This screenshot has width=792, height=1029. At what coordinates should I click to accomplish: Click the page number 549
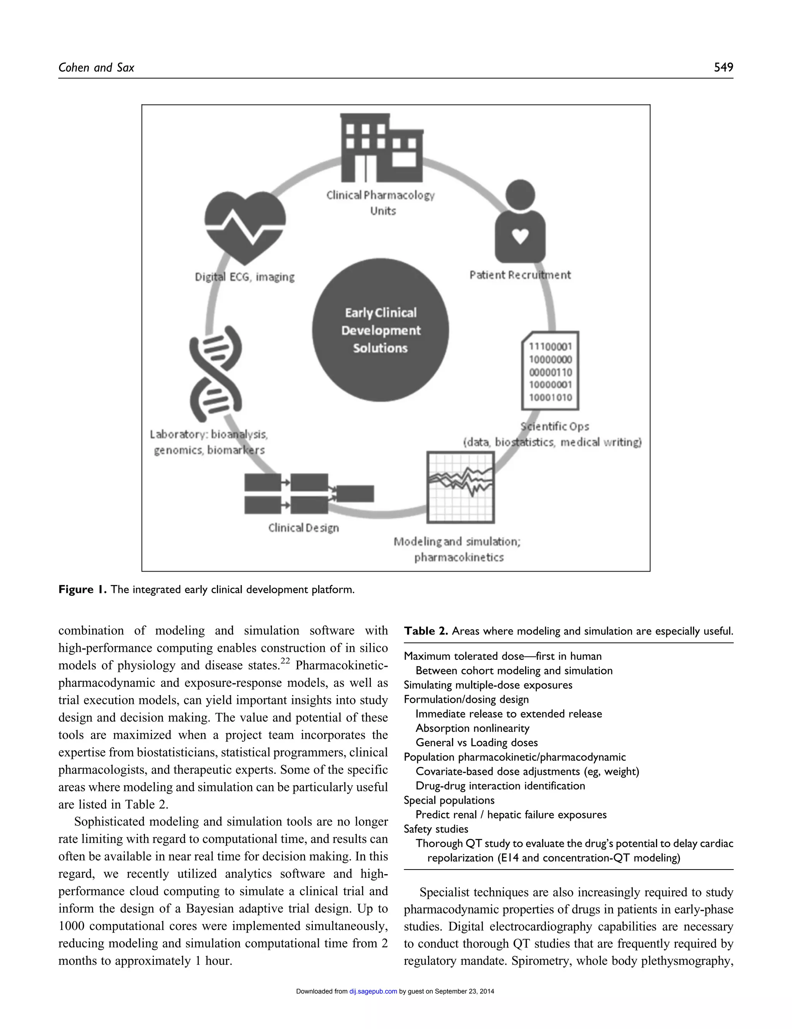click(x=723, y=67)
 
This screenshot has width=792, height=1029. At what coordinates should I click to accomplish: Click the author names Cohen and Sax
click(x=96, y=68)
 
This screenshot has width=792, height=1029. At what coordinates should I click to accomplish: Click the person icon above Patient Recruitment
click(x=520, y=221)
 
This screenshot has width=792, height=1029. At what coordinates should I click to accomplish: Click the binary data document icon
click(x=550, y=371)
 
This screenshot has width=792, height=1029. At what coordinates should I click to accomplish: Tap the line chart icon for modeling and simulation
click(x=460, y=487)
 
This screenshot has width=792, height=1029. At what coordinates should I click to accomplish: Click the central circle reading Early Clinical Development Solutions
click(x=381, y=330)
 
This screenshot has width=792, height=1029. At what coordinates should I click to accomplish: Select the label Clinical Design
click(x=304, y=528)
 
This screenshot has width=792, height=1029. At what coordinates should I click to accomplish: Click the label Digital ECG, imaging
click(x=245, y=277)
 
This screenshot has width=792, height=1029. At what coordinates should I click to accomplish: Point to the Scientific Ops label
click(x=555, y=426)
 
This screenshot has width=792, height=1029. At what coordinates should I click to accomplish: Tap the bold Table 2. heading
click(x=426, y=631)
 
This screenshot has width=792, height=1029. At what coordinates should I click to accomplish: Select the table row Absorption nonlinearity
click(x=472, y=728)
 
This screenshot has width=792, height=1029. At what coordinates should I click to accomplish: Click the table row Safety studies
click(x=435, y=829)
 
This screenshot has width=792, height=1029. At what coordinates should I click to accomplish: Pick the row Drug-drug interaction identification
click(x=500, y=786)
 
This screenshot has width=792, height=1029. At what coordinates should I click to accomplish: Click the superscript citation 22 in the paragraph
click(x=285, y=661)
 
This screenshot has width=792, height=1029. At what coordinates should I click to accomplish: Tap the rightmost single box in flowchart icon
click(x=355, y=493)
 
